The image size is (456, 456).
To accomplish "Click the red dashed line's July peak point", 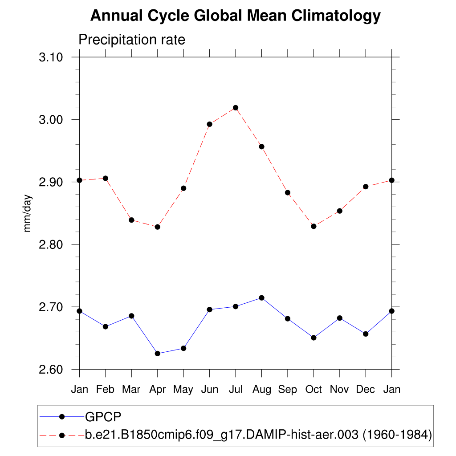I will point(236,108).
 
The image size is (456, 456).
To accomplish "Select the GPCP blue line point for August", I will point(262,298).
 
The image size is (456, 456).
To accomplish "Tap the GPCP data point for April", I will point(157,354).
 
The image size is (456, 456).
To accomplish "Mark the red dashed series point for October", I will point(313,226).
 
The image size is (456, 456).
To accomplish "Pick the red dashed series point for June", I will point(209,124).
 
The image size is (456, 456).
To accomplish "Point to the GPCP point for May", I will point(183,348).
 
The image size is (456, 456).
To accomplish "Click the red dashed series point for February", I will point(106,178).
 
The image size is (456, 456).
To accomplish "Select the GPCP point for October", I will point(313,338).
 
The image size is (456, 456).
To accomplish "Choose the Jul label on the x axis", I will point(236,390).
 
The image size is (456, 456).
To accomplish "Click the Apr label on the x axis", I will point(157,390).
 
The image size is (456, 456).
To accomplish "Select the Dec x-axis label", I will point(366,390).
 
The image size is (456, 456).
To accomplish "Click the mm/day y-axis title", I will point(28,213).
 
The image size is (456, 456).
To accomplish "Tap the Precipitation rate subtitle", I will point(131,40).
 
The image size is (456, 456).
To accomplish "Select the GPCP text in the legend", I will point(103,416).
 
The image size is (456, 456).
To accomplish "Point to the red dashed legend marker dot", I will point(62,435).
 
